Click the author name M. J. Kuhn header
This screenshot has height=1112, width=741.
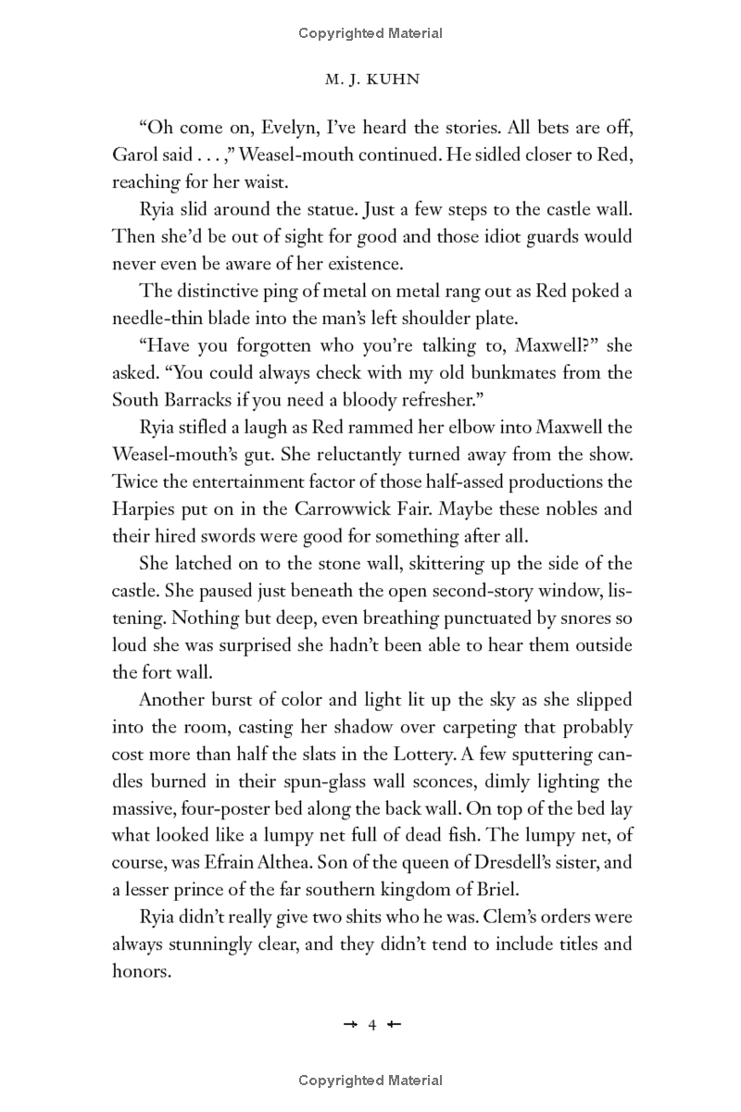(370, 80)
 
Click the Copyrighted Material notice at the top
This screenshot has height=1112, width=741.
(370, 33)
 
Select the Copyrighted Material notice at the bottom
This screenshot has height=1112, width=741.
(370, 1081)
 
